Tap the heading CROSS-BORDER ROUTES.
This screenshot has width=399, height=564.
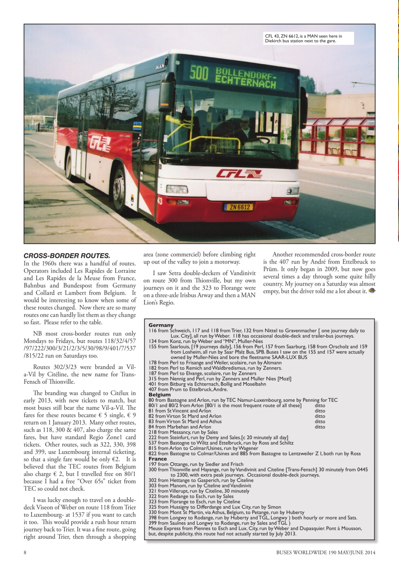pos(66,256)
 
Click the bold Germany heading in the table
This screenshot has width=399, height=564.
pos(161,325)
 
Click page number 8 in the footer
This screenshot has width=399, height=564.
pos(25,552)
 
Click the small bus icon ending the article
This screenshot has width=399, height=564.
pos(372,291)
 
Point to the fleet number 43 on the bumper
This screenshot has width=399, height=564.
pos(159,200)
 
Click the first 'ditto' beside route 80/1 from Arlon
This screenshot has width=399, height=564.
pos(320,405)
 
